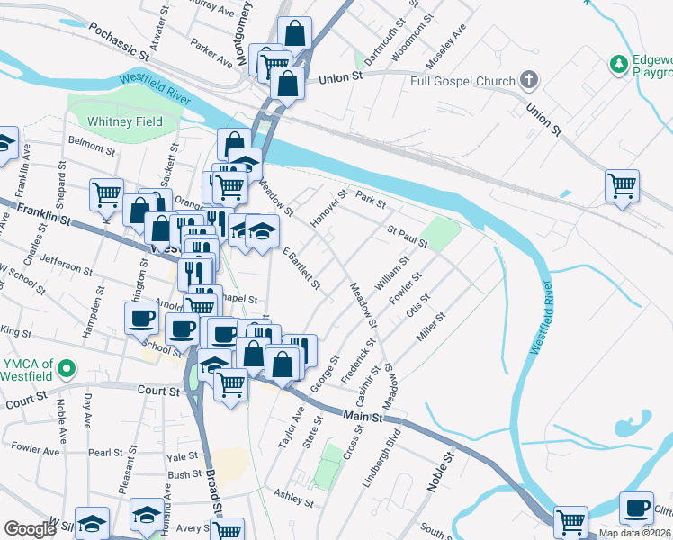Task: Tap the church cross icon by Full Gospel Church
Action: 529,81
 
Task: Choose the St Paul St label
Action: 407,237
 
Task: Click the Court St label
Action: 159,391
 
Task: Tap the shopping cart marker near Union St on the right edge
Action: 622,186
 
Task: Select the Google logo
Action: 30,529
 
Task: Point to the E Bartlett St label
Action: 301,268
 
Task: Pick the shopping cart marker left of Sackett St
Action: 106,193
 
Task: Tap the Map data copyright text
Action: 635,533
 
